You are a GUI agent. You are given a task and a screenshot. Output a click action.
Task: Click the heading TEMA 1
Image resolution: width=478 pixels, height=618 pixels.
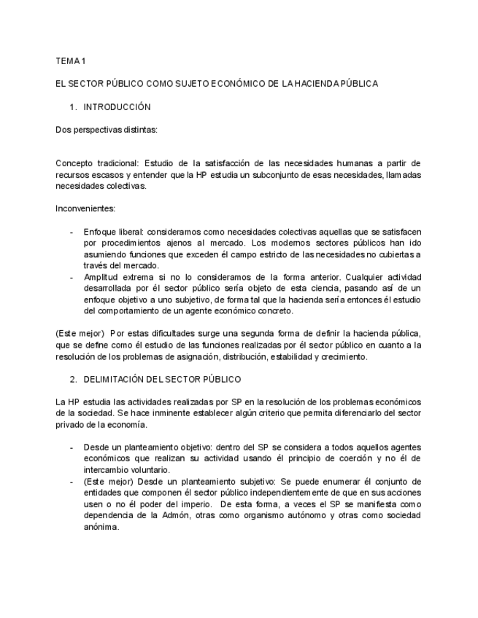71,60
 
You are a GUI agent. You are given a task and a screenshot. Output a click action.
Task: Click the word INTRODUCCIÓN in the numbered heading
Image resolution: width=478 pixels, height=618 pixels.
117,107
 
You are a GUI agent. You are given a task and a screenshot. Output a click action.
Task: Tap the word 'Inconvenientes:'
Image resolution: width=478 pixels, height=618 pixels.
85,208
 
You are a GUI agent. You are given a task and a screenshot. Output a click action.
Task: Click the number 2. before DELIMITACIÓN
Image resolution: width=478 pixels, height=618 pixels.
74,380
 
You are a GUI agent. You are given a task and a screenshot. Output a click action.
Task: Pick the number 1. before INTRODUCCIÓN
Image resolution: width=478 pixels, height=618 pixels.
74,107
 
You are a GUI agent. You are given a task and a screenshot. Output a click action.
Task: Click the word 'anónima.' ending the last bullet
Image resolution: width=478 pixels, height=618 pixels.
101,528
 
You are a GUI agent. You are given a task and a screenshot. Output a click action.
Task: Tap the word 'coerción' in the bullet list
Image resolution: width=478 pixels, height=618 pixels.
342,458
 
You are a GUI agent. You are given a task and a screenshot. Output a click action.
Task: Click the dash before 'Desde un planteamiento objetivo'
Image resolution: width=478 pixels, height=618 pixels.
71,447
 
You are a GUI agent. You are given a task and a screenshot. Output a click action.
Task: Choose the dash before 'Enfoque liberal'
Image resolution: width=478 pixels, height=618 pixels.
71,232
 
